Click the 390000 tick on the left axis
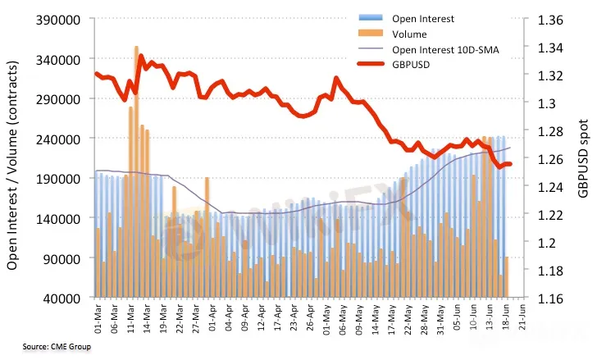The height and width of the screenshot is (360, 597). coord(60,19)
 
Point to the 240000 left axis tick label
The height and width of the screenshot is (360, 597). coord(60,139)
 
